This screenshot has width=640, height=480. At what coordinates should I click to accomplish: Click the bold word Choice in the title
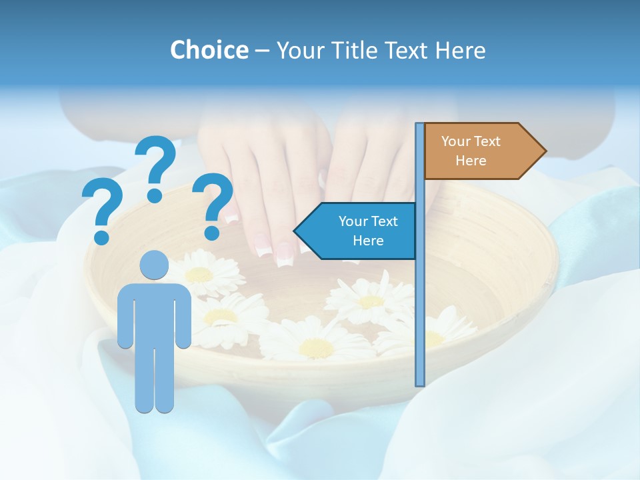(209, 50)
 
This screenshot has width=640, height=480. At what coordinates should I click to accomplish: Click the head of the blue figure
(154, 265)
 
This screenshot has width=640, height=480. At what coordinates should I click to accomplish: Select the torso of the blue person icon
(154, 313)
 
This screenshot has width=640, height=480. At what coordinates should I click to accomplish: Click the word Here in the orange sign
(471, 161)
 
